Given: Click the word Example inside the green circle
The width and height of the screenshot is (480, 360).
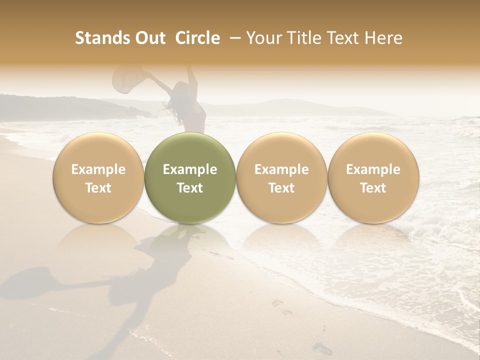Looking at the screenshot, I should coord(190,169).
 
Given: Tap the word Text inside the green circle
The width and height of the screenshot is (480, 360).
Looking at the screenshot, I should coord(190,188).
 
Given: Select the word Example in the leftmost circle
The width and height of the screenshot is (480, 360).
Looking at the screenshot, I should coord(98,169).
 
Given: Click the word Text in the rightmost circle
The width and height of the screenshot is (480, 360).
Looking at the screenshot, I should coord(373,188).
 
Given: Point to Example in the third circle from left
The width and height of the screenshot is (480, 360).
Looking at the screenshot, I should coord(281,169).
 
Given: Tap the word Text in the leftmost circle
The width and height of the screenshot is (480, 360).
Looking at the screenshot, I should coord(98,188).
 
